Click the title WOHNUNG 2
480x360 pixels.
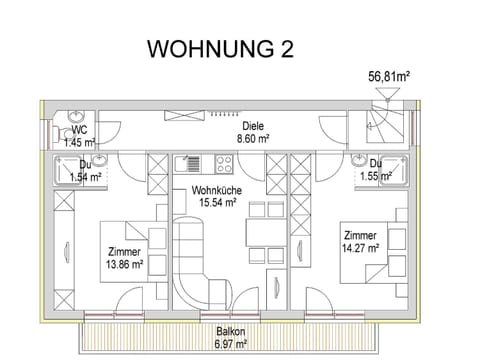[x=220, y=49]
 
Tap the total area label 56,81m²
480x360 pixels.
[x=389, y=77]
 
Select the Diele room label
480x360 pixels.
[x=253, y=126]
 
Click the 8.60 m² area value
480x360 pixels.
[x=253, y=138]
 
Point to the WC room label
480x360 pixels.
[x=79, y=130]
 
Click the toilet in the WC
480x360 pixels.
[x=60, y=133]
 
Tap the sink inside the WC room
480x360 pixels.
[x=76, y=116]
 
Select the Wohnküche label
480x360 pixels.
[x=217, y=190]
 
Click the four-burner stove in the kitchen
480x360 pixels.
[x=224, y=164]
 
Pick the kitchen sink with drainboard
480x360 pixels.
[x=188, y=164]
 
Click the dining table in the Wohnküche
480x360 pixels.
[x=266, y=232]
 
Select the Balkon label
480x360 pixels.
[x=231, y=331]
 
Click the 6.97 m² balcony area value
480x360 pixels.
[x=231, y=343]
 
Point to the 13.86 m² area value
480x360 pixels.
[x=124, y=264]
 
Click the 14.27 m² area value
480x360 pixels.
[x=360, y=248]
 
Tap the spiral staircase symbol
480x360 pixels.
[x=385, y=126]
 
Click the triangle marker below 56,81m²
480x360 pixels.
[x=387, y=94]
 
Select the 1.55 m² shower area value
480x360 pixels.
[x=376, y=176]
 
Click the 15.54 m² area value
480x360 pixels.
[x=218, y=202]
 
